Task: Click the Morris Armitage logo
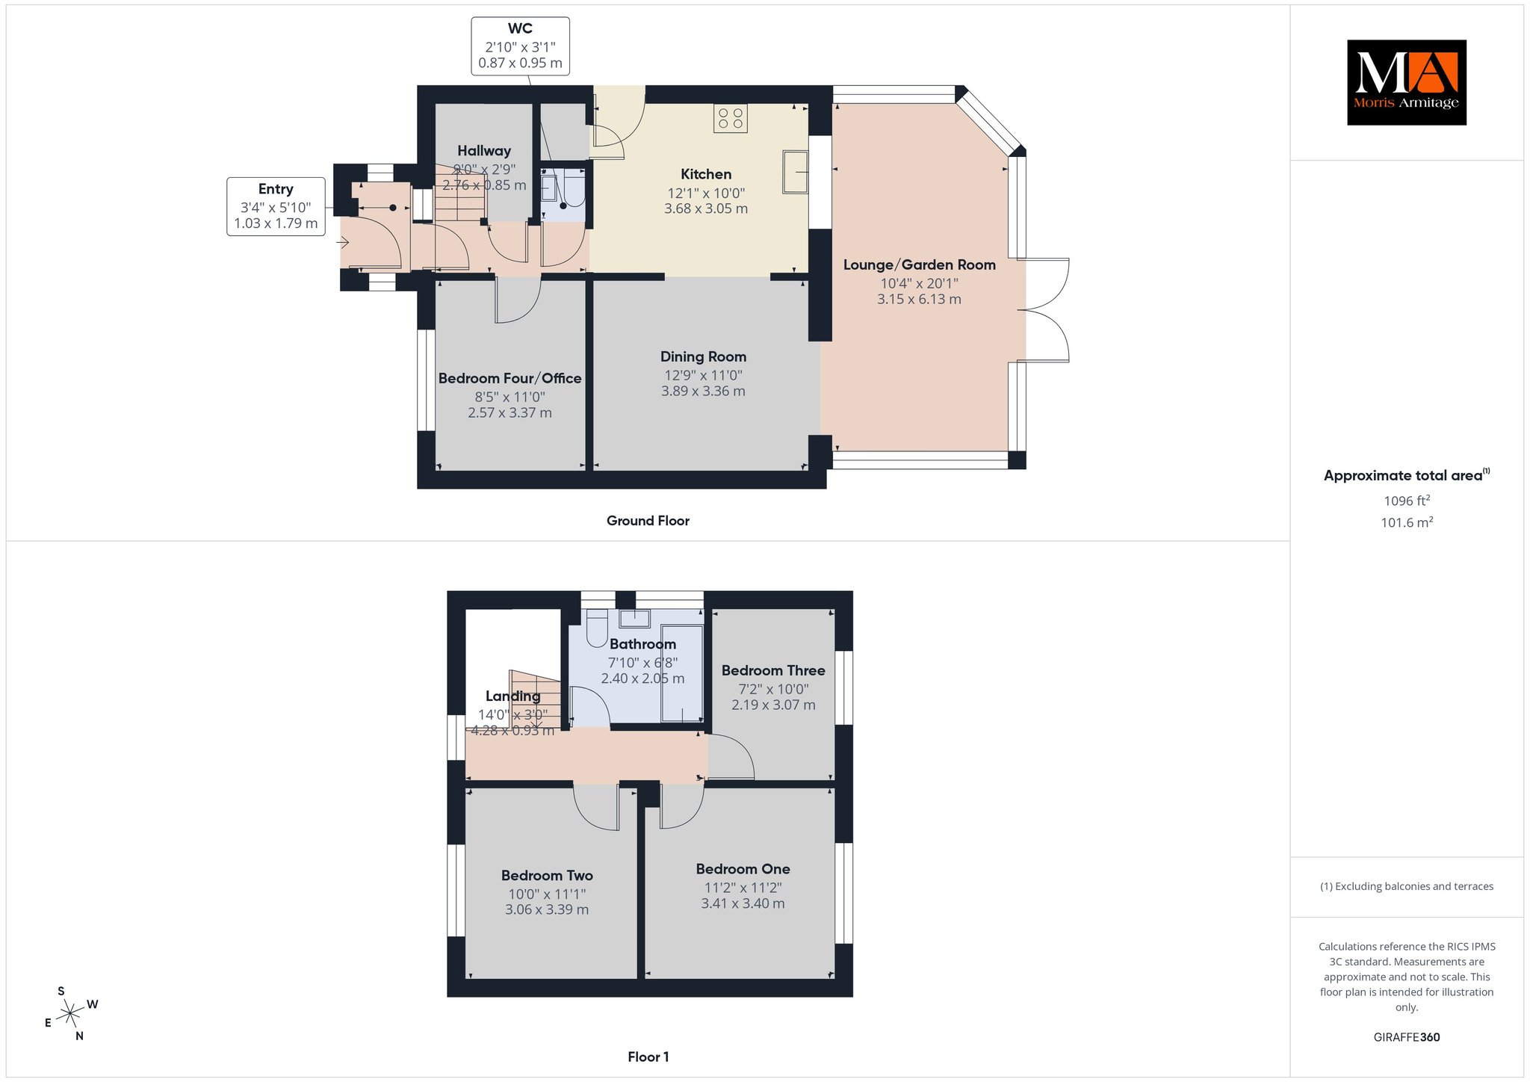point(1406,82)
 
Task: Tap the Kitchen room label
point(706,174)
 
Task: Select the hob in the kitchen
point(730,118)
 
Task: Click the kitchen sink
point(795,172)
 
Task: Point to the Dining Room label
point(703,357)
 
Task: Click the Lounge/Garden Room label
point(919,265)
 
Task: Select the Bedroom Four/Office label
point(510,378)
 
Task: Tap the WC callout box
point(520,46)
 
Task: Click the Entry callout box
point(276,206)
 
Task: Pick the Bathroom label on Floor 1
point(642,644)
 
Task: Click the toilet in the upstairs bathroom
point(598,628)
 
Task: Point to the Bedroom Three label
point(773,670)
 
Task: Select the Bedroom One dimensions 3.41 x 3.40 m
point(743,903)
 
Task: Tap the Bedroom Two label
point(547,875)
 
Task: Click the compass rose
point(70,1014)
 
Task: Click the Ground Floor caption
point(648,521)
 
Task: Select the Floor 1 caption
point(648,1057)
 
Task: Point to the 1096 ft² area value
point(1407,501)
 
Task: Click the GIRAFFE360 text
point(1407,1037)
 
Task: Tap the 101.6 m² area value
point(1407,522)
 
